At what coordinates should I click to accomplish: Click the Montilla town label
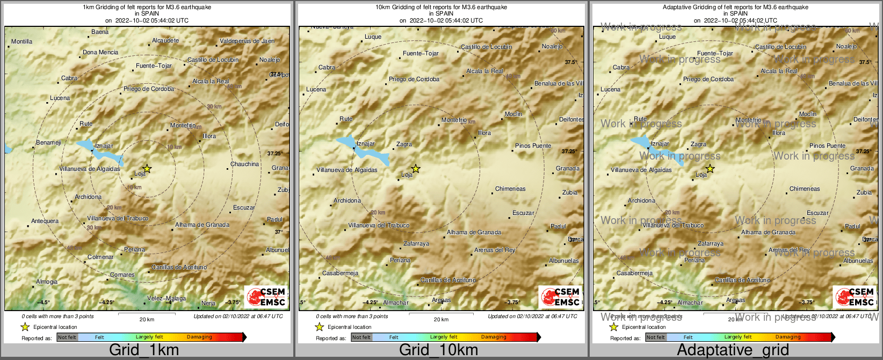click(x=22, y=41)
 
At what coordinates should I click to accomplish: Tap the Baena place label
click(x=100, y=32)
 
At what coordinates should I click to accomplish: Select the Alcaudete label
click(x=165, y=40)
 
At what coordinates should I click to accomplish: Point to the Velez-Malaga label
click(x=167, y=298)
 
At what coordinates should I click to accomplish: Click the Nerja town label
click(x=208, y=303)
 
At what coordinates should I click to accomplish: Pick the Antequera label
click(x=45, y=221)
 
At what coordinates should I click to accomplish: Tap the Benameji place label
click(x=48, y=142)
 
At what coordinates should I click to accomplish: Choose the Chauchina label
click(x=244, y=164)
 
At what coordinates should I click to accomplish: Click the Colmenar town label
click(x=100, y=257)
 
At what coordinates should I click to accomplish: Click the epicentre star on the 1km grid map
click(x=147, y=169)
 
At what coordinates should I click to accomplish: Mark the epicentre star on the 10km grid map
click(x=416, y=169)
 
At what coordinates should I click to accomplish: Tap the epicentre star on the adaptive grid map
click(x=710, y=169)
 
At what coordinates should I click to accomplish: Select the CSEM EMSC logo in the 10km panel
click(x=561, y=297)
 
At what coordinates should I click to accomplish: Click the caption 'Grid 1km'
click(x=144, y=350)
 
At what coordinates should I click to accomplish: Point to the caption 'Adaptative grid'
click(x=733, y=350)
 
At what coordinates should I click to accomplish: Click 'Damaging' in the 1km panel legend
click(x=199, y=337)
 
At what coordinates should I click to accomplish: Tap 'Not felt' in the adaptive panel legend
click(x=655, y=337)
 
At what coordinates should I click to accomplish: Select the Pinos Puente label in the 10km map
click(x=533, y=146)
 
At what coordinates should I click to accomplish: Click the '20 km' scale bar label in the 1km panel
click(x=147, y=319)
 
